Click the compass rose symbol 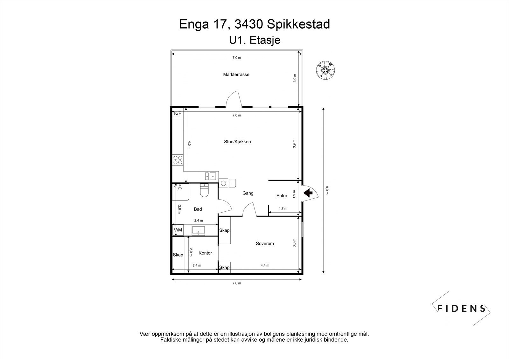[x=326, y=70]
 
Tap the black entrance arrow [x=308, y=193]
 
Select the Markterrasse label [x=236, y=74]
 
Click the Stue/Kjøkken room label [x=237, y=142]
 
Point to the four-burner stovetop [x=178, y=160]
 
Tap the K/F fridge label [x=178, y=113]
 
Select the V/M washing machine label [x=178, y=230]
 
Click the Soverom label [x=265, y=244]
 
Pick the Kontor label [x=205, y=253]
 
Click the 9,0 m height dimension [x=327, y=190]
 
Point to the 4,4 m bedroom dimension [x=265, y=265]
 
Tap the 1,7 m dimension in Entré [x=283, y=208]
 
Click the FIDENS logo [x=461, y=308]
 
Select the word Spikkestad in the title [x=298, y=24]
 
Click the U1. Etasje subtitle [x=254, y=40]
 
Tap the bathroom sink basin [x=199, y=230]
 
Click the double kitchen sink [x=210, y=176]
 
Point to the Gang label [x=248, y=193]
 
